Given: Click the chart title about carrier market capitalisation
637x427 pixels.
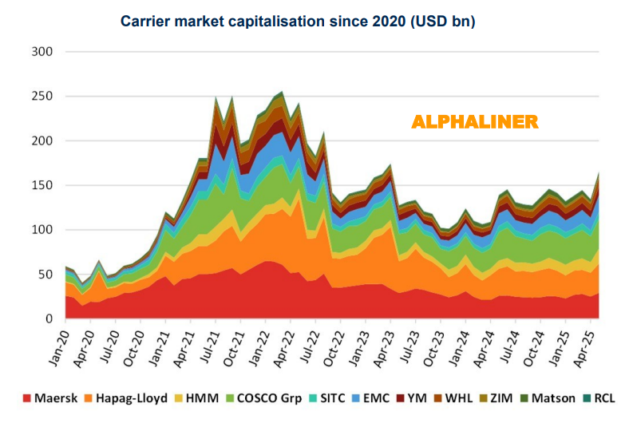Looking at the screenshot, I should (x=298, y=22).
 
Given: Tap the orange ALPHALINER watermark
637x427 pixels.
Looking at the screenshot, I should (x=474, y=122).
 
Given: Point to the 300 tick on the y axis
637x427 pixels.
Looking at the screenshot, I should (x=42, y=52).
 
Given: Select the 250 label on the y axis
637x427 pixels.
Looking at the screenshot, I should (x=42, y=97).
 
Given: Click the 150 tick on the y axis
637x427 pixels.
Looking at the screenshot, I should (x=42, y=185).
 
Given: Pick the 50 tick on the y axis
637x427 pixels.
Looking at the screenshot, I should (x=45, y=275).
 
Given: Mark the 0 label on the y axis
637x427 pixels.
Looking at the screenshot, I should (x=49, y=319).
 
